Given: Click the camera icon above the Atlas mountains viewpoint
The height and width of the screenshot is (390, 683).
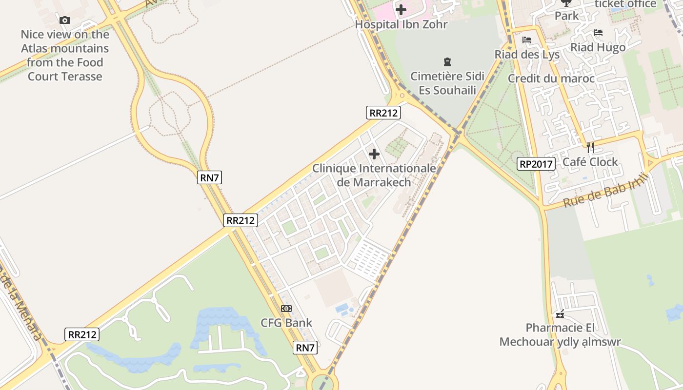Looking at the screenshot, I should click(x=64, y=20).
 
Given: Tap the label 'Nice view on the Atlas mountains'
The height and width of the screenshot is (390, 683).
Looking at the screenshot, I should click(x=65, y=55).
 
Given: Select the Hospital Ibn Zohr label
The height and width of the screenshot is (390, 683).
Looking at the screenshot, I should click(x=401, y=24).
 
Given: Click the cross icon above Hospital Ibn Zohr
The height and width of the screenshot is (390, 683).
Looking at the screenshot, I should click(x=401, y=10).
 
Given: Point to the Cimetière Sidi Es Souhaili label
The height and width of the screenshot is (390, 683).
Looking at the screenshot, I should click(x=447, y=83).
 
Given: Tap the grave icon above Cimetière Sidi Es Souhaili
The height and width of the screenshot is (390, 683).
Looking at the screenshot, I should click(x=447, y=62).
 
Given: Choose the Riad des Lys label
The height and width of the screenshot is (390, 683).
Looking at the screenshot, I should click(x=527, y=54).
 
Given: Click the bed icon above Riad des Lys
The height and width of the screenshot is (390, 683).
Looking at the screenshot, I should click(x=527, y=40).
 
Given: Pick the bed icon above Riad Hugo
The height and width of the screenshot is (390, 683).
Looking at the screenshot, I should click(x=598, y=33).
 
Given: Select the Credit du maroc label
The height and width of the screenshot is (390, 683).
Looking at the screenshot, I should click(x=551, y=78).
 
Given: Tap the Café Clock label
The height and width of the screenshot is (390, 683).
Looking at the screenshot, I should click(x=590, y=162).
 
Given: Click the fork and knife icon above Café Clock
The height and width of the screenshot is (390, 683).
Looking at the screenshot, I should click(x=590, y=147).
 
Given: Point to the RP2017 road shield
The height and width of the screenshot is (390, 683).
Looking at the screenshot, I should click(x=536, y=164).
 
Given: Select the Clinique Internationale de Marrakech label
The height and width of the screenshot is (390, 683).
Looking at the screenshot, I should click(x=374, y=175).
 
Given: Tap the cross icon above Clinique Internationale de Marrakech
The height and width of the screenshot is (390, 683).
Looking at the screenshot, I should click(x=374, y=155).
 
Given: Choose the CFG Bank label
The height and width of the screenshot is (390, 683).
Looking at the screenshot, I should click(x=286, y=323).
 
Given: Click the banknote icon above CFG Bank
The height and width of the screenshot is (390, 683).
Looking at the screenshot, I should click(x=286, y=309).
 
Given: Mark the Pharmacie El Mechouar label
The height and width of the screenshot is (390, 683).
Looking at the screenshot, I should click(x=560, y=334).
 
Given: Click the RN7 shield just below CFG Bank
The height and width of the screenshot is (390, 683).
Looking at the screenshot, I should click(x=305, y=348).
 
